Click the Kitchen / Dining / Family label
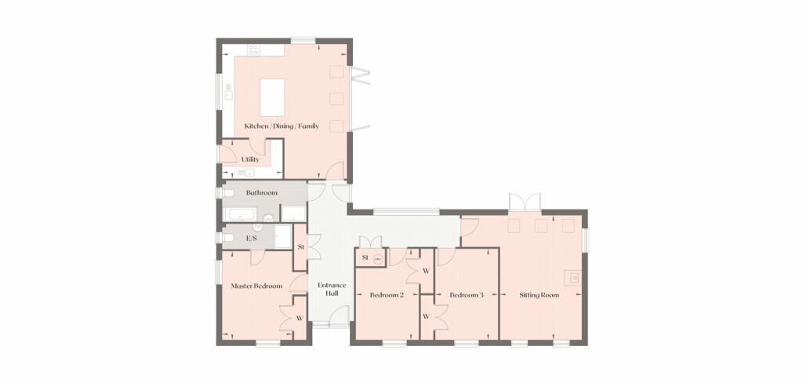point(282,126)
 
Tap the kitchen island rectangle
point(272,97)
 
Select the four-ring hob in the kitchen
point(253,50)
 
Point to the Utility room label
point(250,159)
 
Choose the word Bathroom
point(262,193)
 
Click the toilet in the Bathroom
point(228,193)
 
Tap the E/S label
point(251,238)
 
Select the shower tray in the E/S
point(282,236)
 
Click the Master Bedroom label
point(256,286)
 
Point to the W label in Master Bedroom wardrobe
point(300,319)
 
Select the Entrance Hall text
point(332,289)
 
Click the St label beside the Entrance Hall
point(301,247)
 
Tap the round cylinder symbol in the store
point(378,260)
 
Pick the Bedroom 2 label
point(387,295)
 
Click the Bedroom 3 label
point(467,295)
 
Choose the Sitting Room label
point(540,295)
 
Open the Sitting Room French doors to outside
point(525,202)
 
